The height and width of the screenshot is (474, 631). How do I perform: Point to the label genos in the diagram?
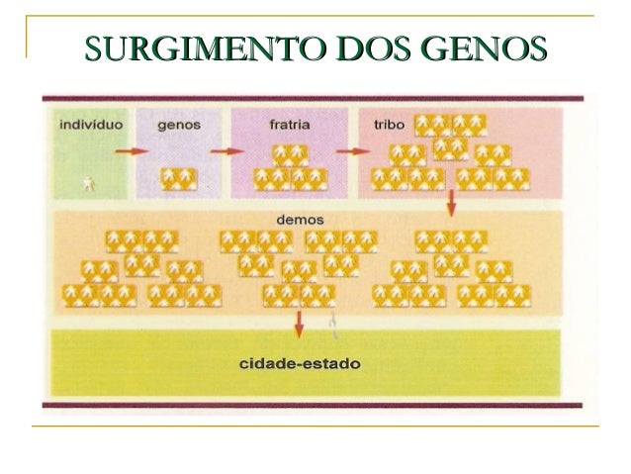[x=180, y=126]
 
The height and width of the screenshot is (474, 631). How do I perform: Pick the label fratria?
[x=291, y=126]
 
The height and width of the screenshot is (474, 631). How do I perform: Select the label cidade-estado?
[x=301, y=364]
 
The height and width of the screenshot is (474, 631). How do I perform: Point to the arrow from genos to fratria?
[x=227, y=151]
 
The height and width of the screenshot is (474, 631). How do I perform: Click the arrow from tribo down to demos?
[x=451, y=202]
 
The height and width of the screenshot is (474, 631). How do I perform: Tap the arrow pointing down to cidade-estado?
[x=300, y=326]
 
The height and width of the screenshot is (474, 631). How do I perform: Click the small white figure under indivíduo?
[x=90, y=183]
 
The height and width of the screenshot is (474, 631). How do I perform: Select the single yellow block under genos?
[x=180, y=178]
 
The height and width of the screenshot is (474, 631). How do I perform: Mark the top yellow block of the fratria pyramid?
[x=291, y=154]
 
